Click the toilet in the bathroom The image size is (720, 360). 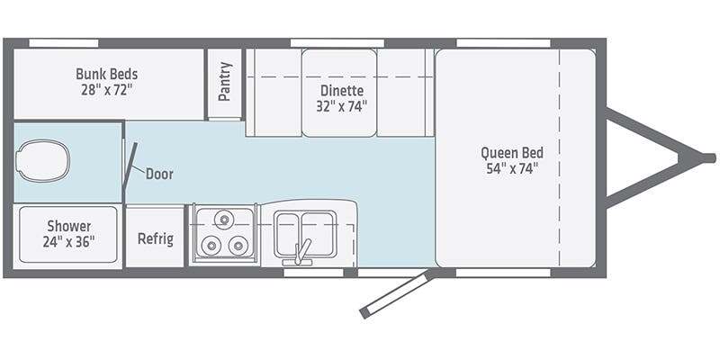pyautogui.click(x=42, y=160)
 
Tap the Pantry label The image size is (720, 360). pyautogui.click(x=225, y=81)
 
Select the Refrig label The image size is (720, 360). pyautogui.click(x=156, y=238)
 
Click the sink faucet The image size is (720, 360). pyautogui.click(x=301, y=252)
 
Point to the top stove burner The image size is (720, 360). pyautogui.click(x=224, y=220)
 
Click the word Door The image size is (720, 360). pyautogui.click(x=159, y=174)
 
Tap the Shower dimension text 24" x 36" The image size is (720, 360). pyautogui.click(x=69, y=241)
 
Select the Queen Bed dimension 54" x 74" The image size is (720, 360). pyautogui.click(x=512, y=168)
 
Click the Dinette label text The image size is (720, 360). pyautogui.click(x=342, y=91)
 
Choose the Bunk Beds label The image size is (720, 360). pyautogui.click(x=106, y=74)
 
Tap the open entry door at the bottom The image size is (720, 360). pyautogui.click(x=395, y=295)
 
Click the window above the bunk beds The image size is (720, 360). pyautogui.click(x=64, y=43)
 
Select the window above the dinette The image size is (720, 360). pyautogui.click(x=337, y=43)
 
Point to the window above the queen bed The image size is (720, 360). pyautogui.click(x=503, y=43)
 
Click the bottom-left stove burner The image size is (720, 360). pyautogui.click(x=211, y=246)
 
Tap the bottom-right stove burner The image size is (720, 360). pyautogui.click(x=238, y=246)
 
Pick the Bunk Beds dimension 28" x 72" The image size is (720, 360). pyautogui.click(x=106, y=89)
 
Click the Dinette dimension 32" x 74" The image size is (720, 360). pyautogui.click(x=342, y=106)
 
